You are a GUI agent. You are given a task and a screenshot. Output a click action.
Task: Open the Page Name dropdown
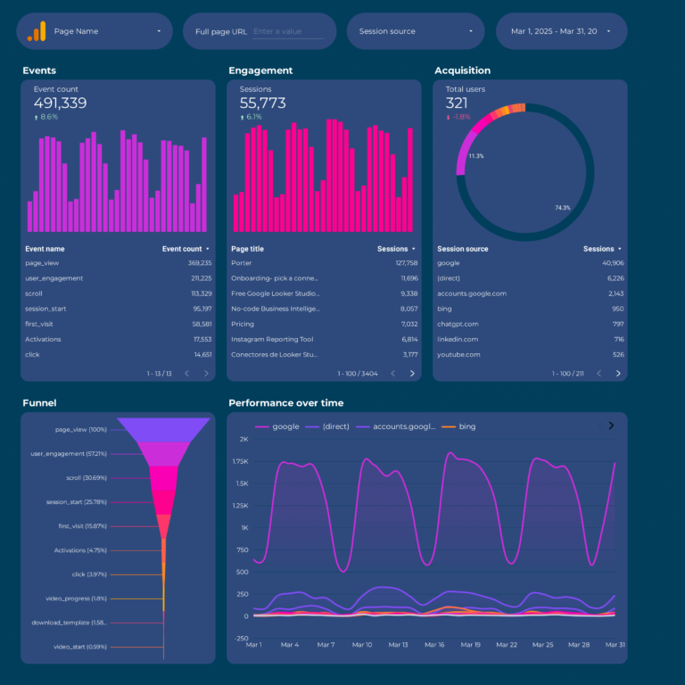point(95,31)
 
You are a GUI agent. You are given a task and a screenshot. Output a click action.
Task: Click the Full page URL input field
point(287,31)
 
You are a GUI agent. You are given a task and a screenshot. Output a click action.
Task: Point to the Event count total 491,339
point(60,103)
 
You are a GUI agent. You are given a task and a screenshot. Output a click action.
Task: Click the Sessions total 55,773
point(262,103)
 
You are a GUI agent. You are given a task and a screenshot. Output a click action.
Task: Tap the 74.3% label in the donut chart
point(562,208)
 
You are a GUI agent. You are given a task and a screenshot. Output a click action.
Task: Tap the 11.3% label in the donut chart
point(475,156)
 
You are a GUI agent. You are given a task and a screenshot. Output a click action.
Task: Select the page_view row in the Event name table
point(42,263)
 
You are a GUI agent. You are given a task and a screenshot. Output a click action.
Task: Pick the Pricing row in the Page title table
point(243,324)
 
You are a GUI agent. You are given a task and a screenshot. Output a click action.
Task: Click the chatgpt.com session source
point(458,324)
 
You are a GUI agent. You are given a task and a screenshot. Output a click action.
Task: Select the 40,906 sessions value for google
point(607,263)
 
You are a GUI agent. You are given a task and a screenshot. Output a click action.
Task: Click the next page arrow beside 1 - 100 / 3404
point(412,374)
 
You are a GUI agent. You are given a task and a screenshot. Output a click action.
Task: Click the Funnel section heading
point(38,403)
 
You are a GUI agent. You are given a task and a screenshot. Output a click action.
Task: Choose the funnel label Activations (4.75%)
point(81,550)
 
